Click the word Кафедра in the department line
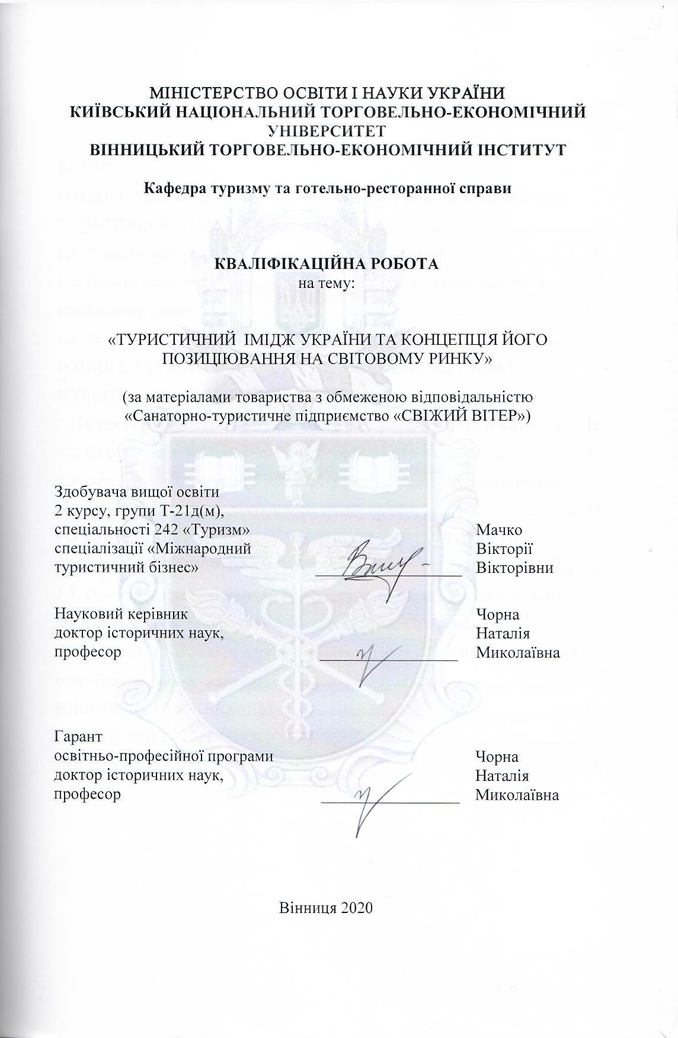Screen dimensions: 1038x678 point(171,190)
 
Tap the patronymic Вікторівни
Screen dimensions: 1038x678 point(515,568)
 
